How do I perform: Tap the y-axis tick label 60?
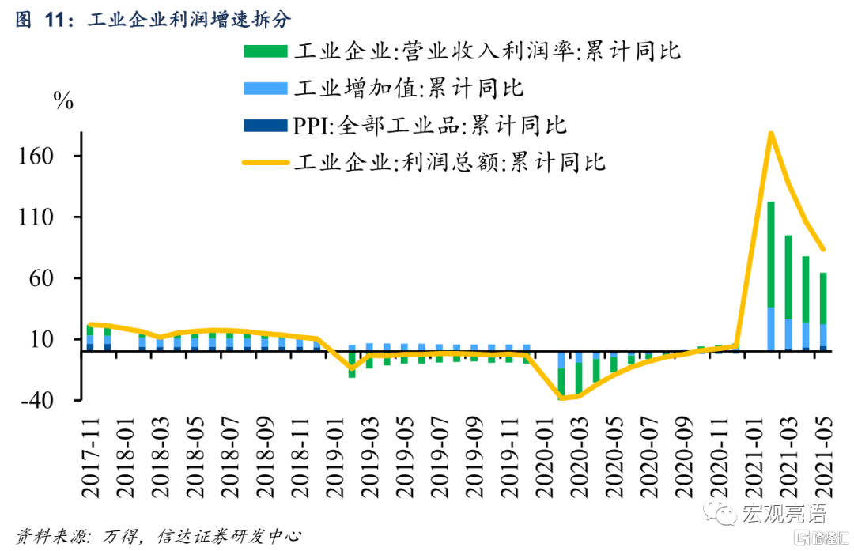(x=43, y=278)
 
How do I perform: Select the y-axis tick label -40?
(x=39, y=400)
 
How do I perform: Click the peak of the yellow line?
(x=770, y=133)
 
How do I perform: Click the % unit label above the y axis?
(x=62, y=100)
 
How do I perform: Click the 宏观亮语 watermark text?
(x=783, y=515)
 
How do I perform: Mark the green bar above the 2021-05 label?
(x=822, y=298)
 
